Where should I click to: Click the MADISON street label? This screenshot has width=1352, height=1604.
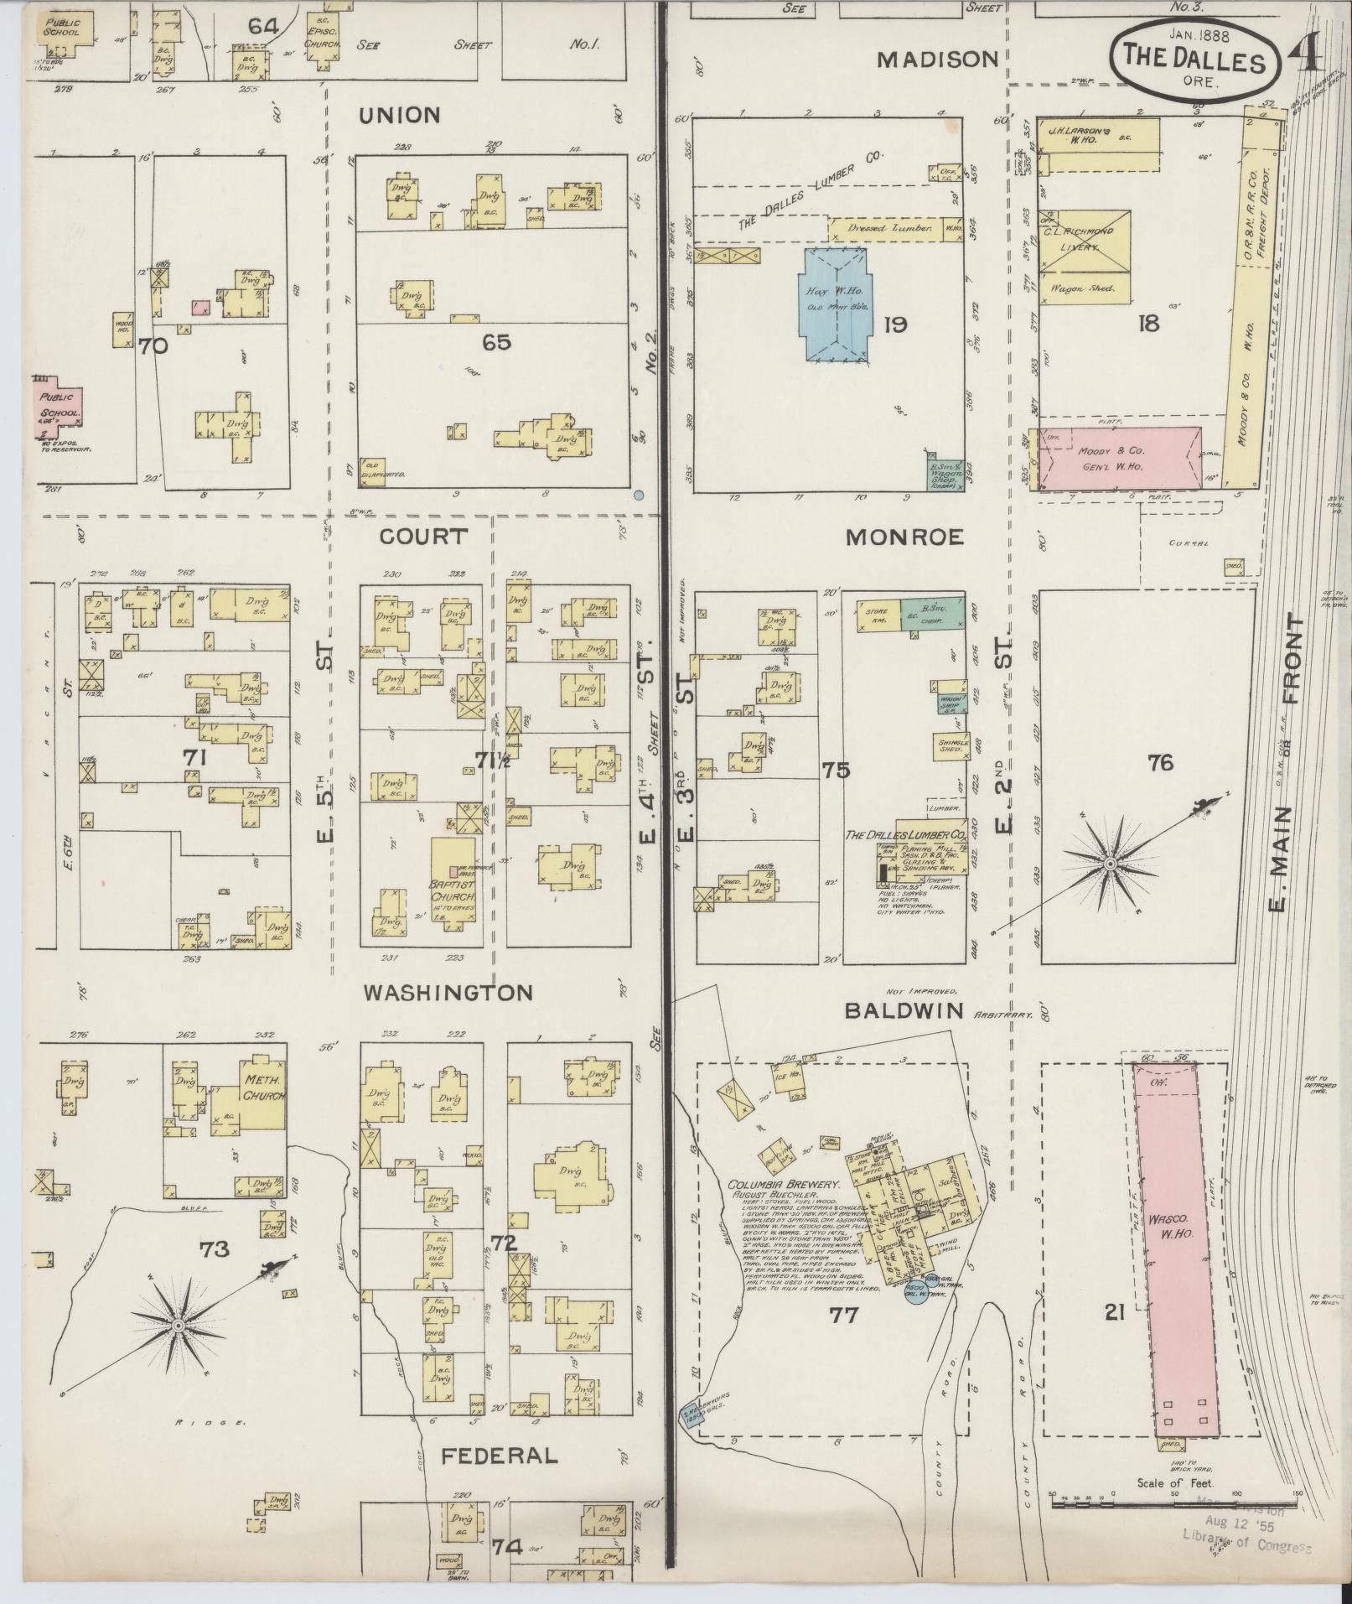(938, 60)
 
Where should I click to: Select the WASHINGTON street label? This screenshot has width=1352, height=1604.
(448, 993)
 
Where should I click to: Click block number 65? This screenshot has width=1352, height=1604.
(495, 341)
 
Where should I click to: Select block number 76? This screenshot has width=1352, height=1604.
(1161, 762)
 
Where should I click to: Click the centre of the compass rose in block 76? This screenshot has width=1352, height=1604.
(1110, 864)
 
